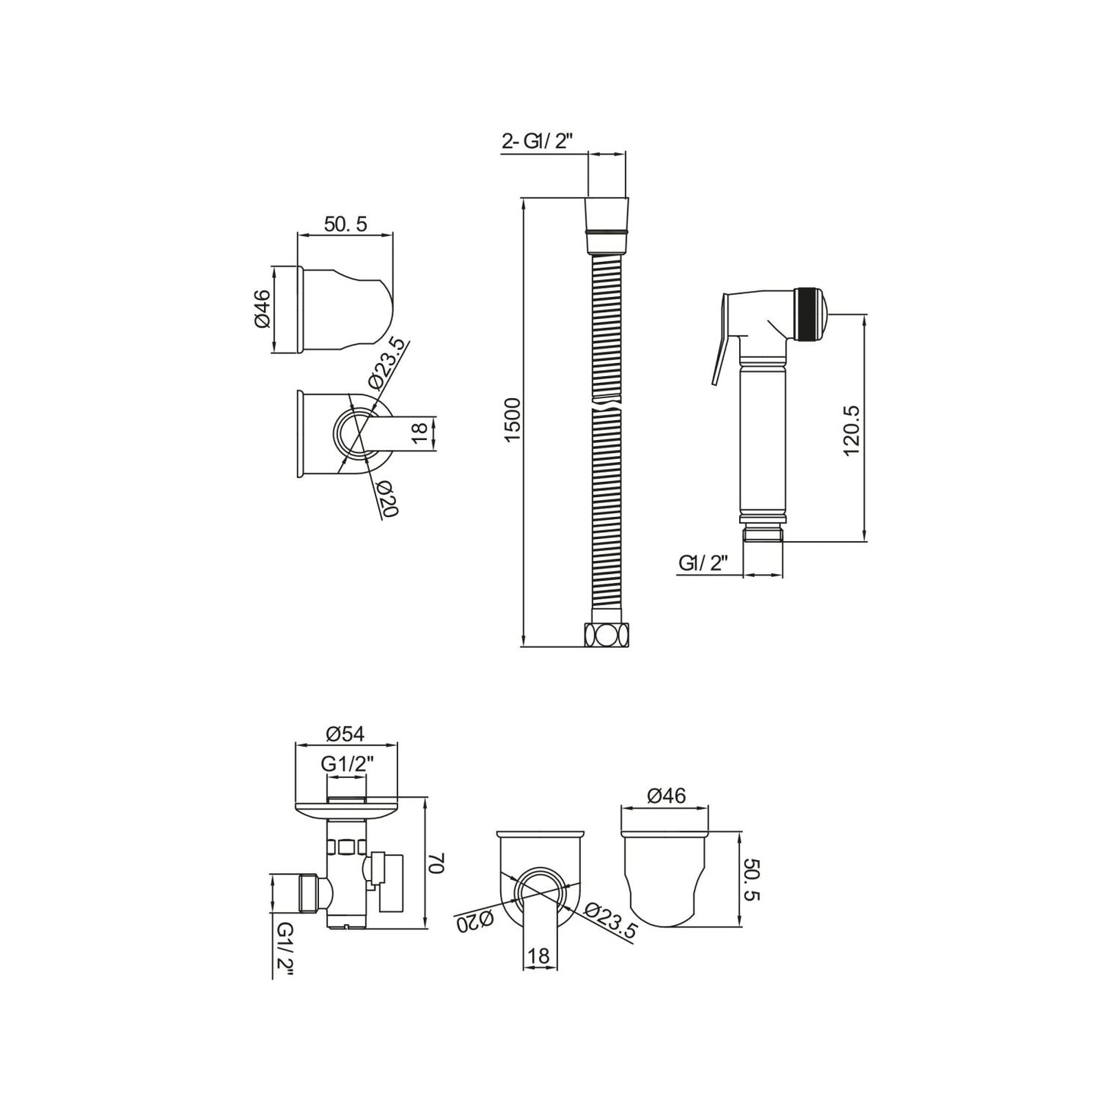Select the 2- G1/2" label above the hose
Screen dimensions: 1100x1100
pos(537,142)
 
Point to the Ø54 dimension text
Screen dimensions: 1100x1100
pos(346,734)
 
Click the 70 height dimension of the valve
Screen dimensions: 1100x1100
pos(437,863)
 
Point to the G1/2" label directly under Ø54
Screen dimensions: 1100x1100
pos(347,765)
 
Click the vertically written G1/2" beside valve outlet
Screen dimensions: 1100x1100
pos(284,948)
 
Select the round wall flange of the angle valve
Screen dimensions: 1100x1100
pos(346,811)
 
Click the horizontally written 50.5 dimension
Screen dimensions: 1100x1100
pos(346,224)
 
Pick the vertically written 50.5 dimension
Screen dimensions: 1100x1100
pos(751,881)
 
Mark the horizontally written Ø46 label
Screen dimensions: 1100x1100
pos(666,796)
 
